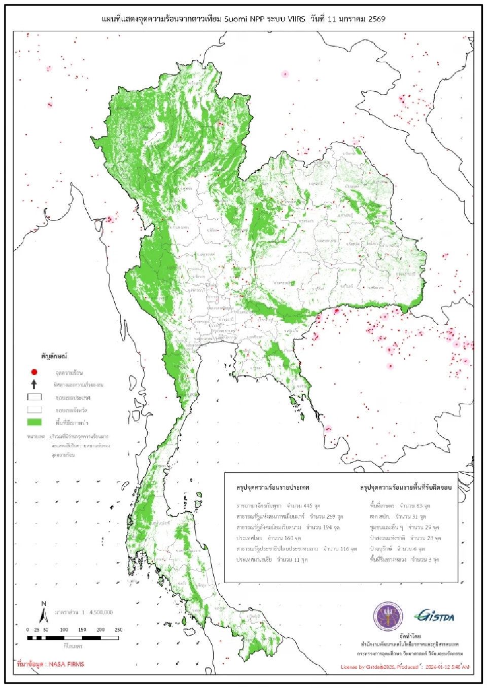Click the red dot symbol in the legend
pos(34,372)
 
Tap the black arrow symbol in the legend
pos(34,384)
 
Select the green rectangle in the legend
pos(34,422)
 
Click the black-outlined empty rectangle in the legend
pos(34,397)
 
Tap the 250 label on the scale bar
pos(119,630)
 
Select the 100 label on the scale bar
pos(64,630)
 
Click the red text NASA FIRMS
pos(66,664)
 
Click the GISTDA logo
pos(435,616)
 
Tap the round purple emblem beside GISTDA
pos(388,617)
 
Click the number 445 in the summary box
pos(308,506)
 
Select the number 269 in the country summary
pos(330,516)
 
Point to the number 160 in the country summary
pos(288,538)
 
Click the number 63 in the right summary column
pos(420,506)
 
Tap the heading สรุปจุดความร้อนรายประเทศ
pos(272,487)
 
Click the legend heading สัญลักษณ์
pos(54,356)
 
